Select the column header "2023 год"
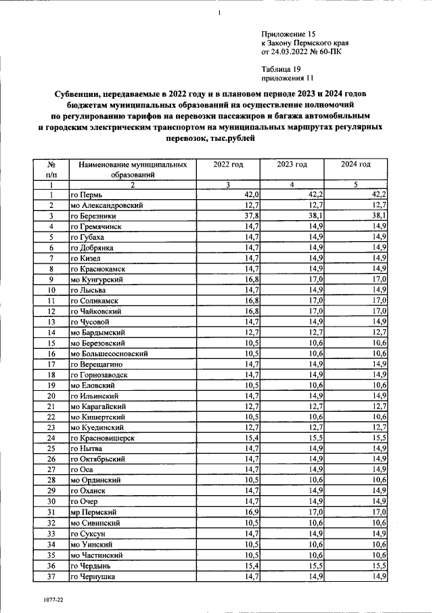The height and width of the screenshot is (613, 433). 292,165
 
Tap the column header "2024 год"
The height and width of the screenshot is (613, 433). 356,165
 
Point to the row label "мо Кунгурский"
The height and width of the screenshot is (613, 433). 99,279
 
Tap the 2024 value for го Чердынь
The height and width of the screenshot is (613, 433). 378,565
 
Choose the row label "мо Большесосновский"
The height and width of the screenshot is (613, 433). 109,354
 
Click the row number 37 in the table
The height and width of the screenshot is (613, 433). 51,576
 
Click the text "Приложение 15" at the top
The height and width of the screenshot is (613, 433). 288,33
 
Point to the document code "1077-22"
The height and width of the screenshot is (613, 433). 48,600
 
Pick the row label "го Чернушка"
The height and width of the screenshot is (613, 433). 93,576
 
